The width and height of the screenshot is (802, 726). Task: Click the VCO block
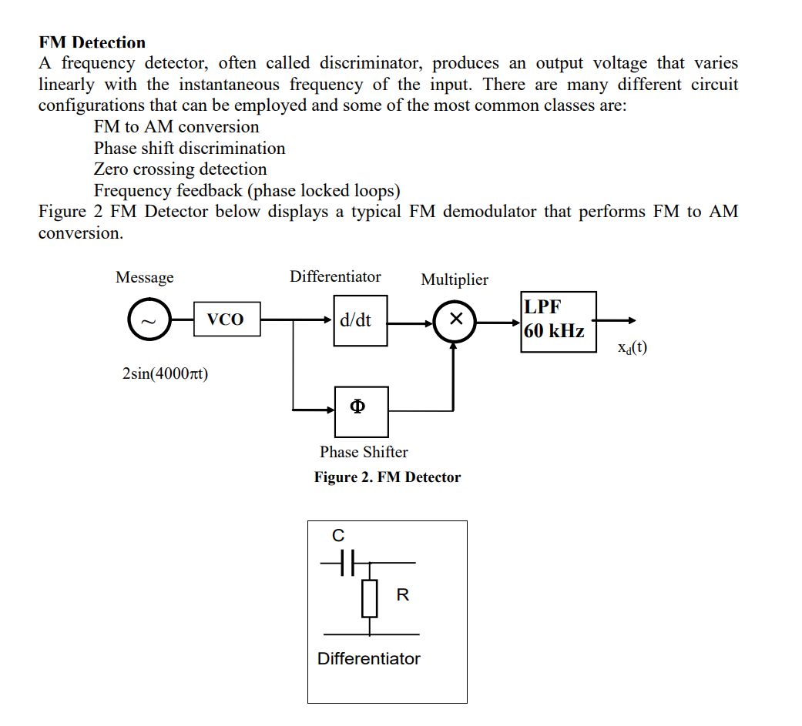227,320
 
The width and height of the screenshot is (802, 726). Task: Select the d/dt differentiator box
360,320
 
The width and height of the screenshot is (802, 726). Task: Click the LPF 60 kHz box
558,321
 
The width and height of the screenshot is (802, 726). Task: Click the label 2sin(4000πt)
166,374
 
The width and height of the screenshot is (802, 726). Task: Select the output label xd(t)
632,348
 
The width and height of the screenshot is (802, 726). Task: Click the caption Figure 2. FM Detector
387,477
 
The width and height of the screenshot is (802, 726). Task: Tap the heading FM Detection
92,42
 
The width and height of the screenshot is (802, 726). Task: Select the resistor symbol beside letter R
370,598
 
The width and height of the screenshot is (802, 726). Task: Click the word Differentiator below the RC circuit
369,659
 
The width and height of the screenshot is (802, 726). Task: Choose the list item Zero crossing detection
180,169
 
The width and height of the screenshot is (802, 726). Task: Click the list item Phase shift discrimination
190,148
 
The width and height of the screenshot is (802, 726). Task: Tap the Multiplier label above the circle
454,279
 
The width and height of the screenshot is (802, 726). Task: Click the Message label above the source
144,277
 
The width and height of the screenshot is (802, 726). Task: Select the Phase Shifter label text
364,452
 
